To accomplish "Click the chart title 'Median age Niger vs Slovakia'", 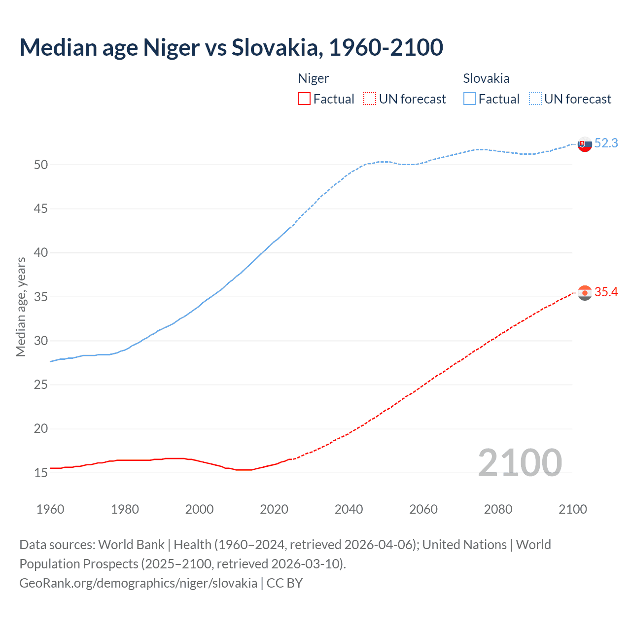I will pyautogui.click(x=231, y=47).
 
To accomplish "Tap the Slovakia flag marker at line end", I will pyautogui.click(x=585, y=144).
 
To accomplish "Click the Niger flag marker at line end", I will pyautogui.click(x=585, y=293).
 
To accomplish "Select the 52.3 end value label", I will pyautogui.click(x=606, y=143).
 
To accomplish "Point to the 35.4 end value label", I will pyautogui.click(x=606, y=292).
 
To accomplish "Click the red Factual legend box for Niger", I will pyautogui.click(x=304, y=99).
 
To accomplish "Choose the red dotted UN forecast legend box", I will pyautogui.click(x=370, y=99).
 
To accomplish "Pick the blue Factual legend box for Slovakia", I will pyautogui.click(x=470, y=99).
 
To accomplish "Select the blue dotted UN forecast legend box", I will pyautogui.click(x=535, y=99).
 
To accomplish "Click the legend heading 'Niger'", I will pyautogui.click(x=313, y=78).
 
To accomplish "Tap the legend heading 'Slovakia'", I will pyautogui.click(x=486, y=78).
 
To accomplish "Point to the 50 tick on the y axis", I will pyautogui.click(x=41, y=165).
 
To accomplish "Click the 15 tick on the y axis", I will pyautogui.click(x=41, y=473).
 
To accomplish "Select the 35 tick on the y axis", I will pyautogui.click(x=41, y=297).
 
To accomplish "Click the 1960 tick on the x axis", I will pyautogui.click(x=50, y=509).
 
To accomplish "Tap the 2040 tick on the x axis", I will pyautogui.click(x=349, y=509).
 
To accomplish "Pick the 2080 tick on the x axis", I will pyautogui.click(x=498, y=509).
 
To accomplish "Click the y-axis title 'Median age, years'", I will pyautogui.click(x=21, y=307).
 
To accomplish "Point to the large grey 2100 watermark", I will pyautogui.click(x=520, y=462).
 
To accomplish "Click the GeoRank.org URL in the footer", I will pyautogui.click(x=138, y=583).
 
